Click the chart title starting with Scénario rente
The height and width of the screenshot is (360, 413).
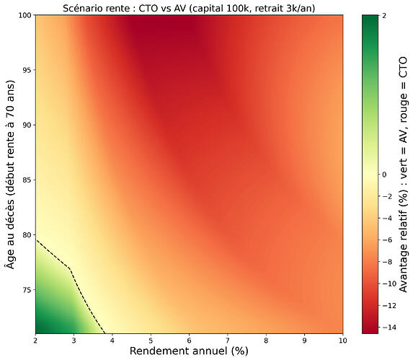[x=189, y=6]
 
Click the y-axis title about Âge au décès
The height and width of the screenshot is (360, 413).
[x=9, y=173]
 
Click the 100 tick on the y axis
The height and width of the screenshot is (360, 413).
[x=24, y=14]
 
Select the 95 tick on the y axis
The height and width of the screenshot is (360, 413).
[x=25, y=70]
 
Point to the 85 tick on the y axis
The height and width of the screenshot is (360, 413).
[x=25, y=180]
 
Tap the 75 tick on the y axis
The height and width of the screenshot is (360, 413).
[x=25, y=290]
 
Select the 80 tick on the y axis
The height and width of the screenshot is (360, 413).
[x=25, y=235]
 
